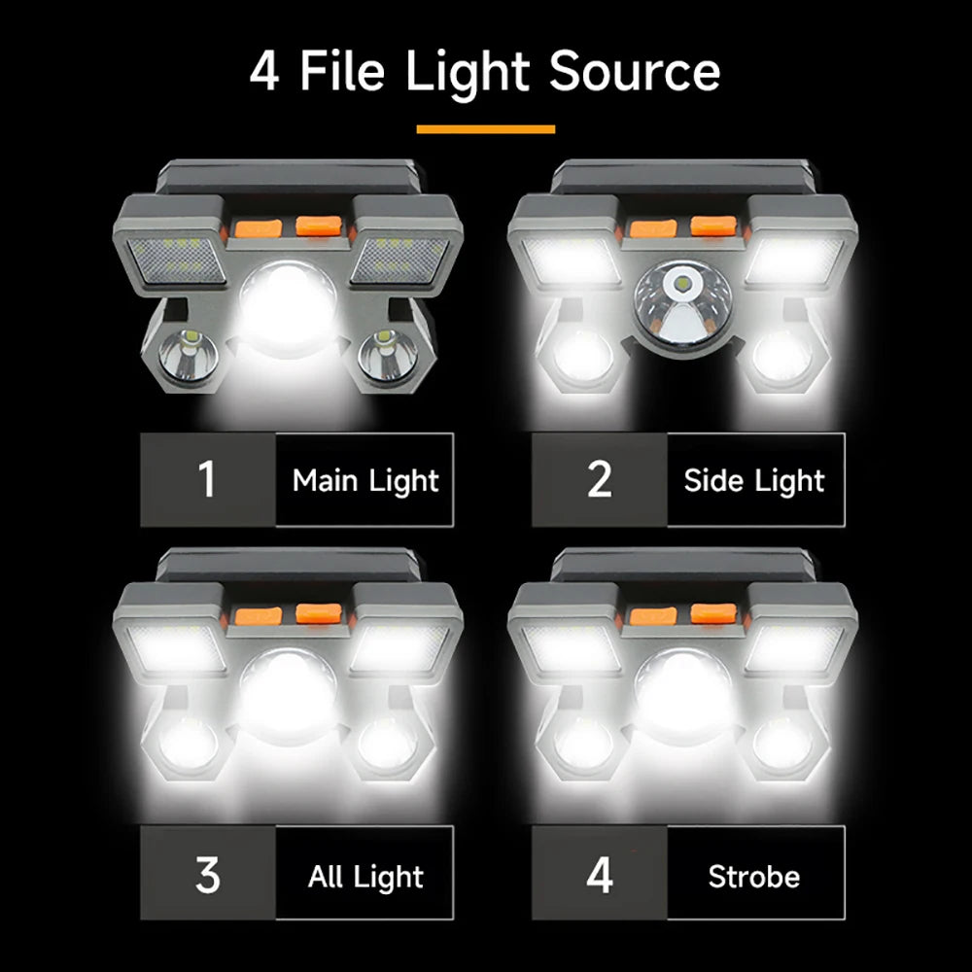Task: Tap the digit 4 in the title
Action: click(264, 72)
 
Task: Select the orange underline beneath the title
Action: click(485, 128)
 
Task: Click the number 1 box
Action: click(207, 480)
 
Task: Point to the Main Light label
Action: click(365, 480)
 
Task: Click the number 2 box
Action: click(600, 480)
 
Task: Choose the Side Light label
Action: click(754, 480)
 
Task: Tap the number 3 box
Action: click(207, 876)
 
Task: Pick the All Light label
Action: click(365, 877)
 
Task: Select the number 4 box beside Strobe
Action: click(600, 876)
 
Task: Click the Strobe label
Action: click(754, 877)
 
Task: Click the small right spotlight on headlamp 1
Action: click(385, 355)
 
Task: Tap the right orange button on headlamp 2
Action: click(712, 227)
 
